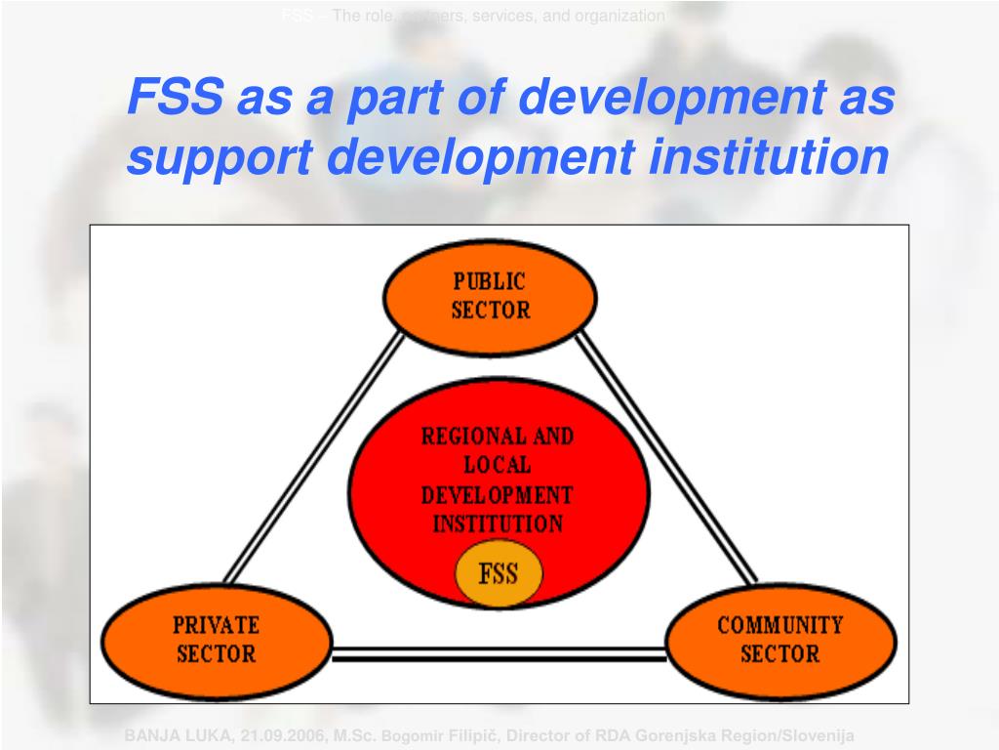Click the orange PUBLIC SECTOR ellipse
click(490, 297)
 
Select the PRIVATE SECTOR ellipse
click(216, 640)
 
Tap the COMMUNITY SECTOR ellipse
click(779, 640)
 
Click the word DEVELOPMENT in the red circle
click(498, 494)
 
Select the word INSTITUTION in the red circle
click(498, 523)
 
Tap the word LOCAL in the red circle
click(498, 465)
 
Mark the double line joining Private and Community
click(499, 653)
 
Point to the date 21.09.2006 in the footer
click(258, 735)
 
